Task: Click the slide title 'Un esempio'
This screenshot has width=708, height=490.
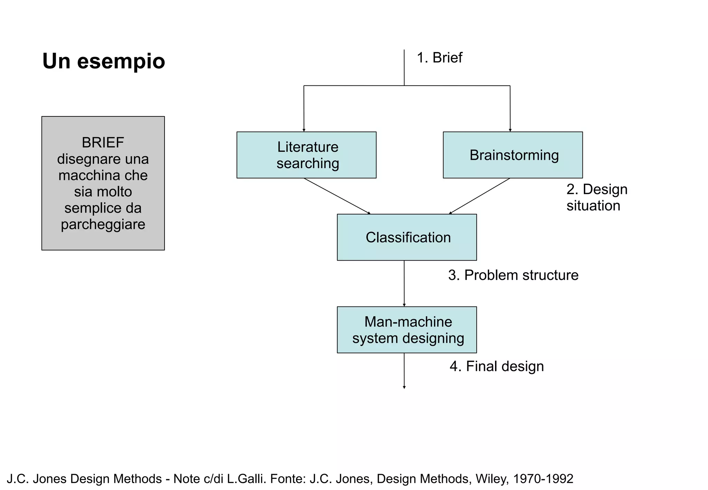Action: coord(103,61)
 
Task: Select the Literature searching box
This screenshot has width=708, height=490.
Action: coord(306,155)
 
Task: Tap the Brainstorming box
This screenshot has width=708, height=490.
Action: coord(513,155)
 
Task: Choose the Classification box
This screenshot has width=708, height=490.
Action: coord(407,237)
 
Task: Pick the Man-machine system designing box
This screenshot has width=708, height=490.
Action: coord(407,330)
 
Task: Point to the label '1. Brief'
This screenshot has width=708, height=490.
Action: coord(439,58)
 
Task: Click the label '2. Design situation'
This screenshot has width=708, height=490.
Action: coord(596,197)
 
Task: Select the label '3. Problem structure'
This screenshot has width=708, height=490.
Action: coord(513,275)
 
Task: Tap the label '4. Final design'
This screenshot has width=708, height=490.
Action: coord(496,366)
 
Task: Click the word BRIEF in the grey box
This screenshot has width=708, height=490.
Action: coord(103,142)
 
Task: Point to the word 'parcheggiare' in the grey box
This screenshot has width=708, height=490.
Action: coord(103,224)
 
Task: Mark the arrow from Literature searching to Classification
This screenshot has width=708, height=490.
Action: coord(337,196)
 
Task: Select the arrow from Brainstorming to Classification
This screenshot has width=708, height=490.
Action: coord(479,196)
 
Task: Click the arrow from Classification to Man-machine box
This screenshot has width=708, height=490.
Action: coord(404,283)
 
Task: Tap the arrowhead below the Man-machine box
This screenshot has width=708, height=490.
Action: coord(404,387)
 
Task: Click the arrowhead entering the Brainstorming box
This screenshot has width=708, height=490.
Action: coord(510,130)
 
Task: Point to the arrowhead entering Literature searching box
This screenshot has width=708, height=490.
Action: coord(304,130)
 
